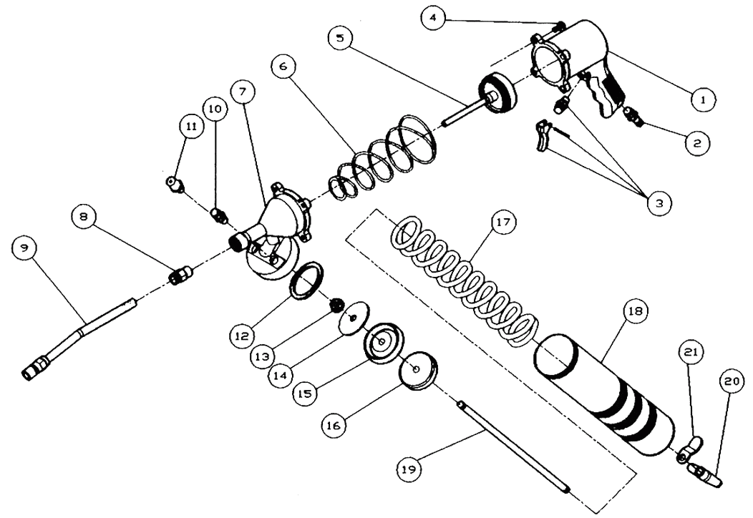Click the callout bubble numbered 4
pos(433,19)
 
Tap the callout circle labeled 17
pos(503,223)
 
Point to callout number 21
pos(690,352)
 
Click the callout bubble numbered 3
pos(659,203)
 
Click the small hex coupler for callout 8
pos(182,275)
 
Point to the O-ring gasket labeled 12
pos(306,280)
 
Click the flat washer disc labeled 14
pos(354,318)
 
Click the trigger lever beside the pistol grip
pos(545,136)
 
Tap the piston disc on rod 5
pos(498,94)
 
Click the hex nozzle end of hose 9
pos(34,370)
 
